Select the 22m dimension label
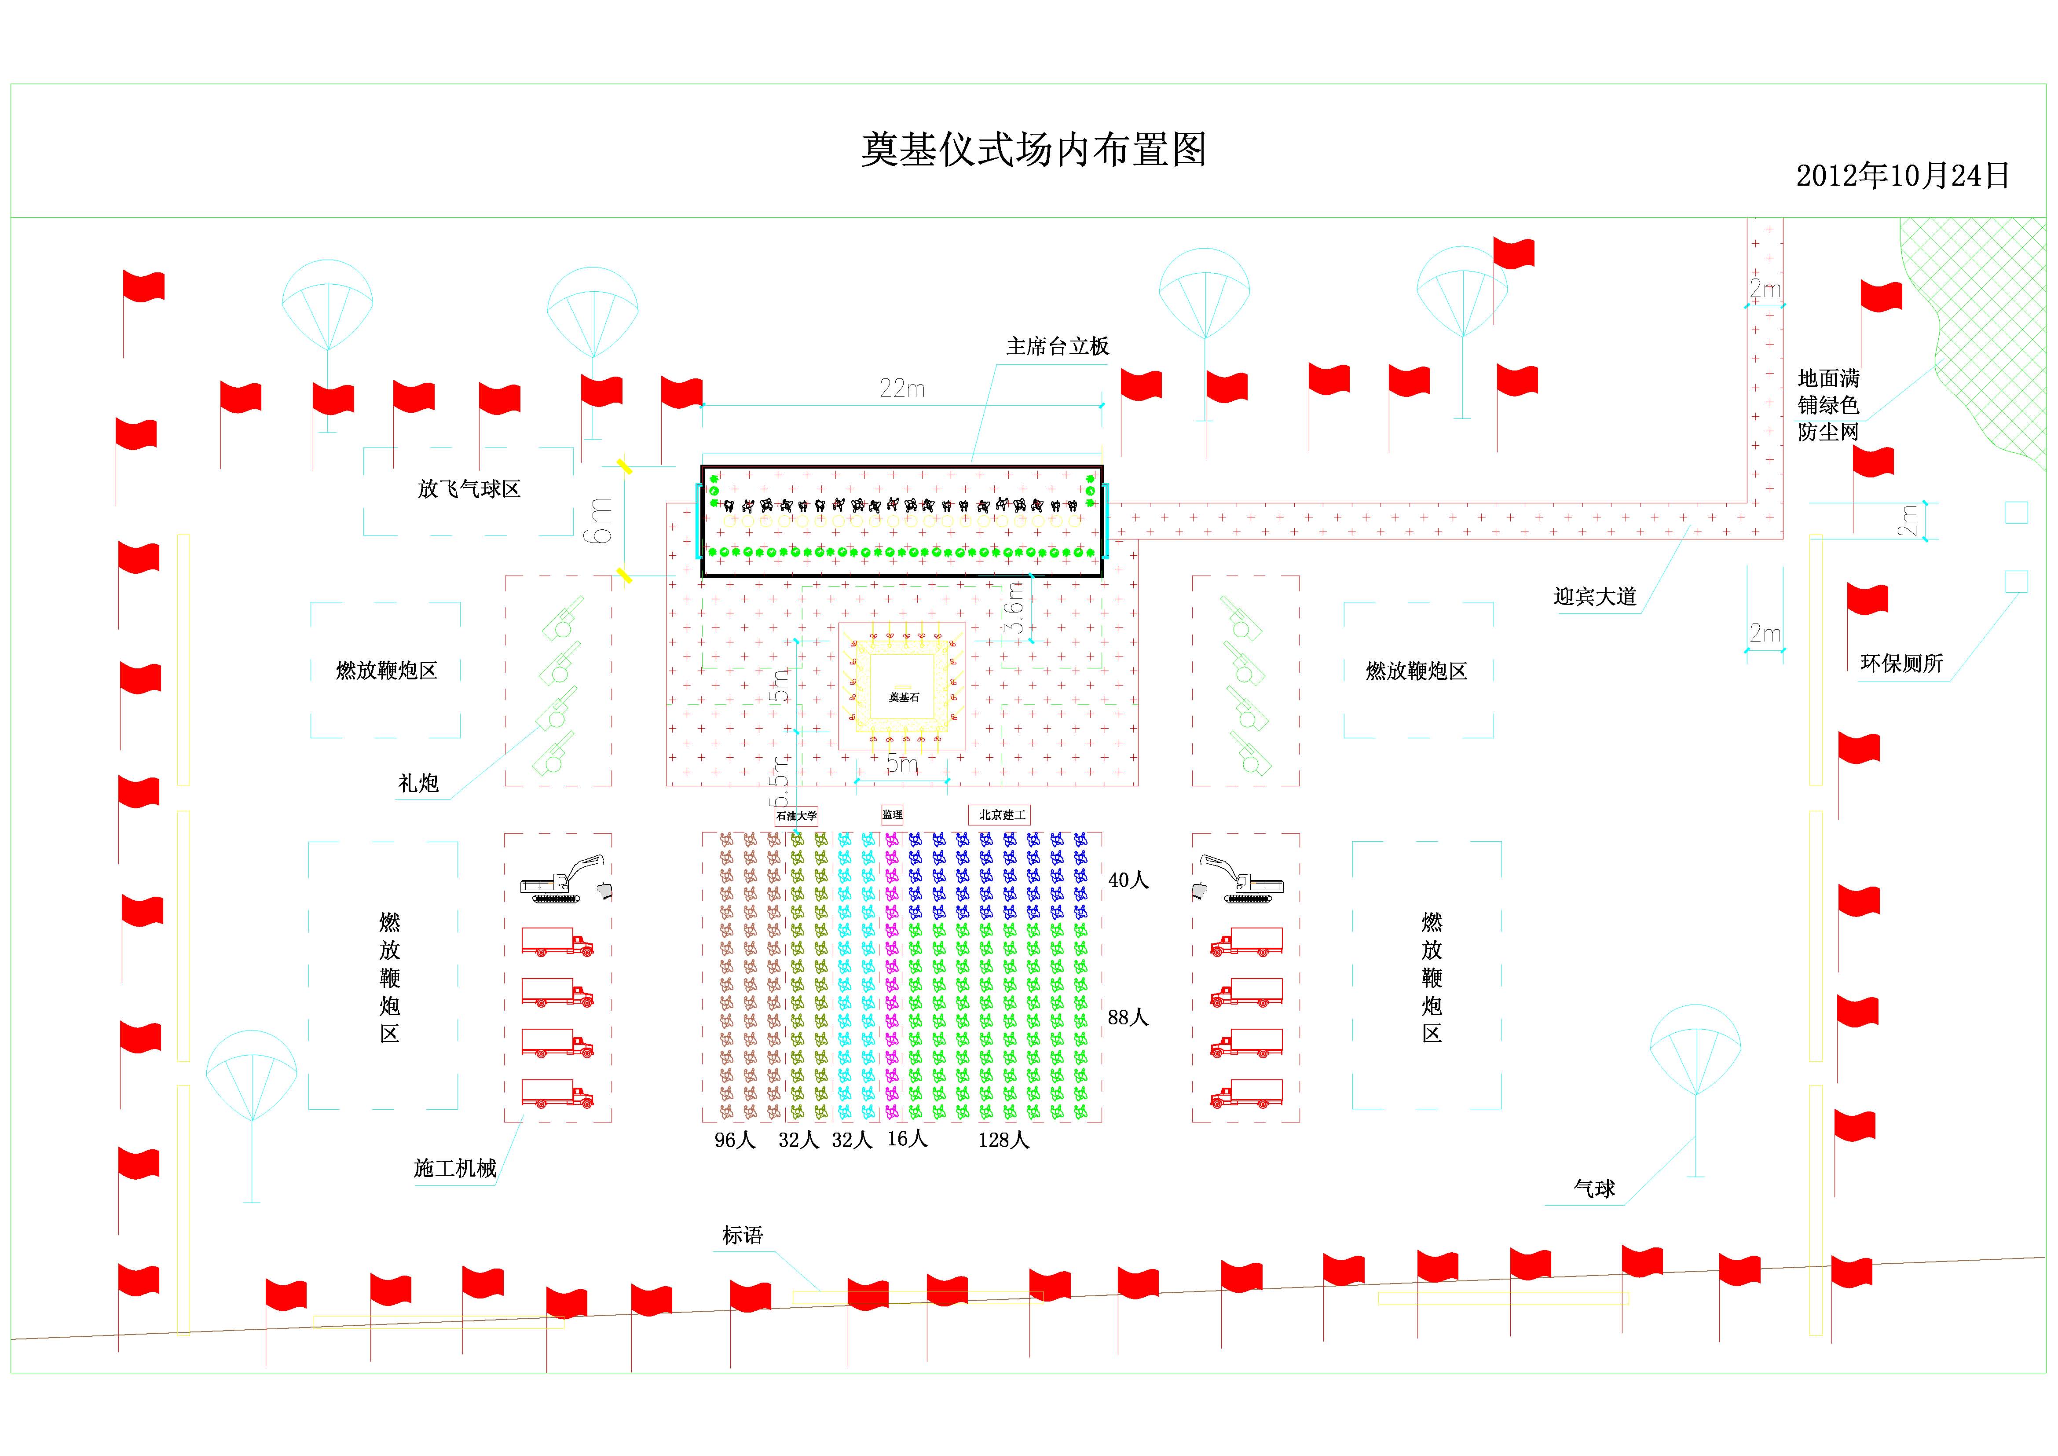[902, 388]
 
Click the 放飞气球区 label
[469, 488]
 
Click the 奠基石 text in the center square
[904, 697]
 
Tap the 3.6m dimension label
[1014, 607]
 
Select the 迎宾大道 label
[1595, 596]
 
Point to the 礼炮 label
[418, 783]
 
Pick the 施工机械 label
[454, 1168]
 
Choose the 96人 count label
[735, 1140]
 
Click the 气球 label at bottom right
[1594, 1189]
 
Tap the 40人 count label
[1128, 880]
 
